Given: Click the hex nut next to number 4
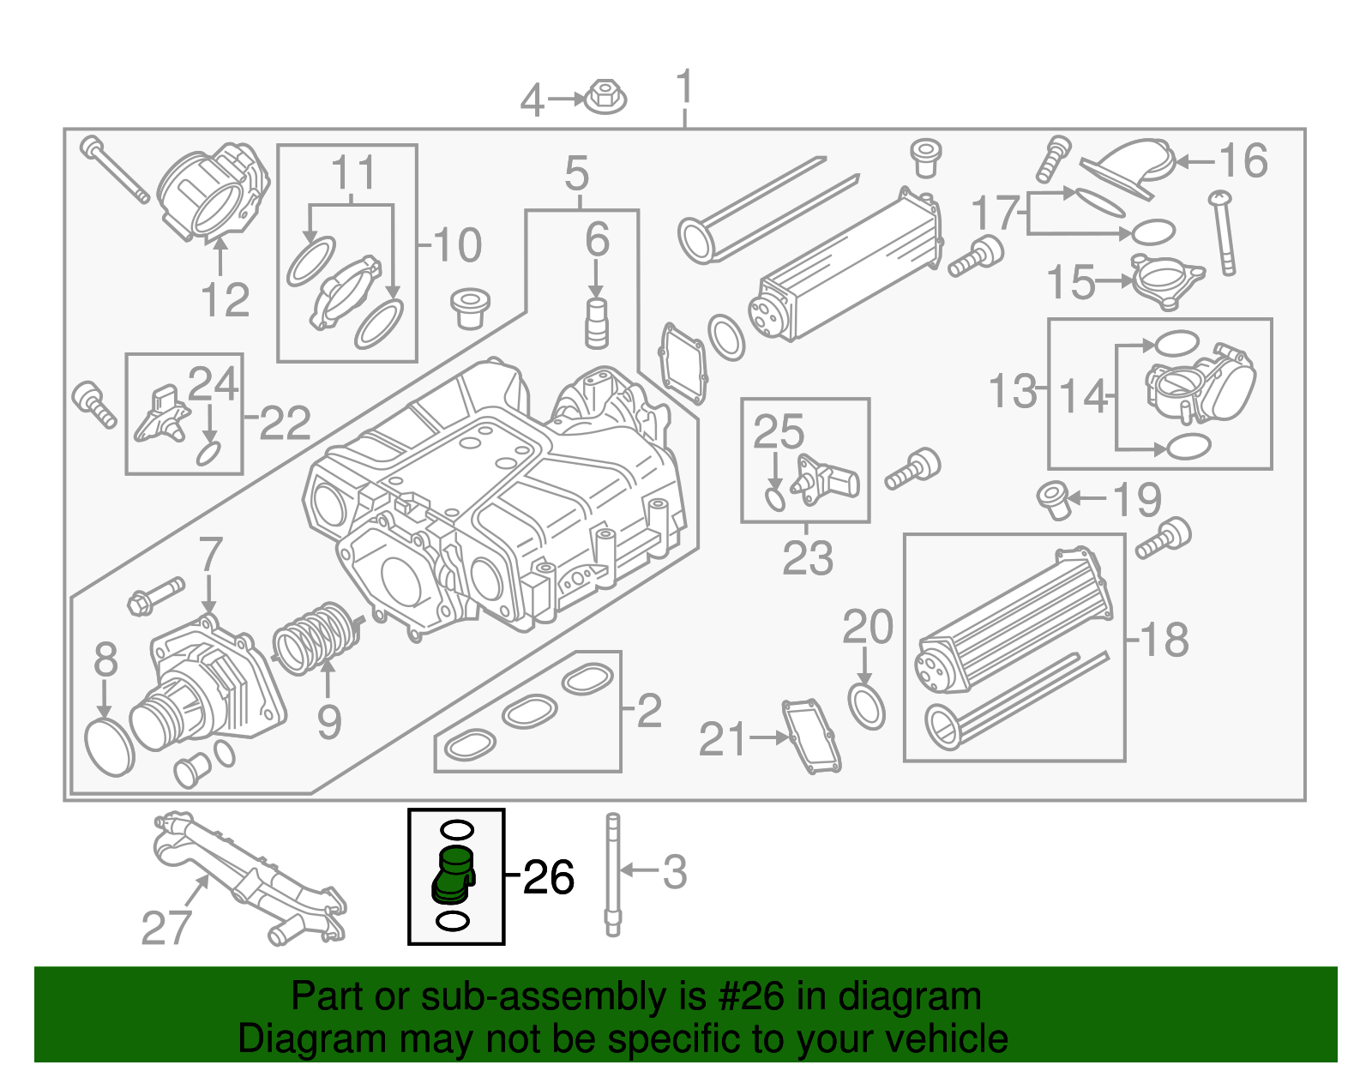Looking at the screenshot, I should (605, 97).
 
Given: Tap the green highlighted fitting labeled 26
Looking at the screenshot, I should (453, 875).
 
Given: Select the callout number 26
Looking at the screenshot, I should (549, 877).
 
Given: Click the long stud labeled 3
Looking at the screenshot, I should (612, 875).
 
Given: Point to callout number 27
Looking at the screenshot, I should (166, 928).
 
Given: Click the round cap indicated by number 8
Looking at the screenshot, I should (111, 748).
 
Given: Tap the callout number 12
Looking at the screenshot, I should (225, 300).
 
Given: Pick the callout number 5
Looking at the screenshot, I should (577, 174).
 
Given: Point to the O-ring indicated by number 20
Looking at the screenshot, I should (866, 706).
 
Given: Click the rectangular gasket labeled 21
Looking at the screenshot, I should (810, 736).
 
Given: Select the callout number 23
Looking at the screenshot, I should (808, 558).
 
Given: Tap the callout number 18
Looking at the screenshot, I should (1164, 640).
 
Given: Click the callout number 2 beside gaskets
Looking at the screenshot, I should (649, 710).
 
